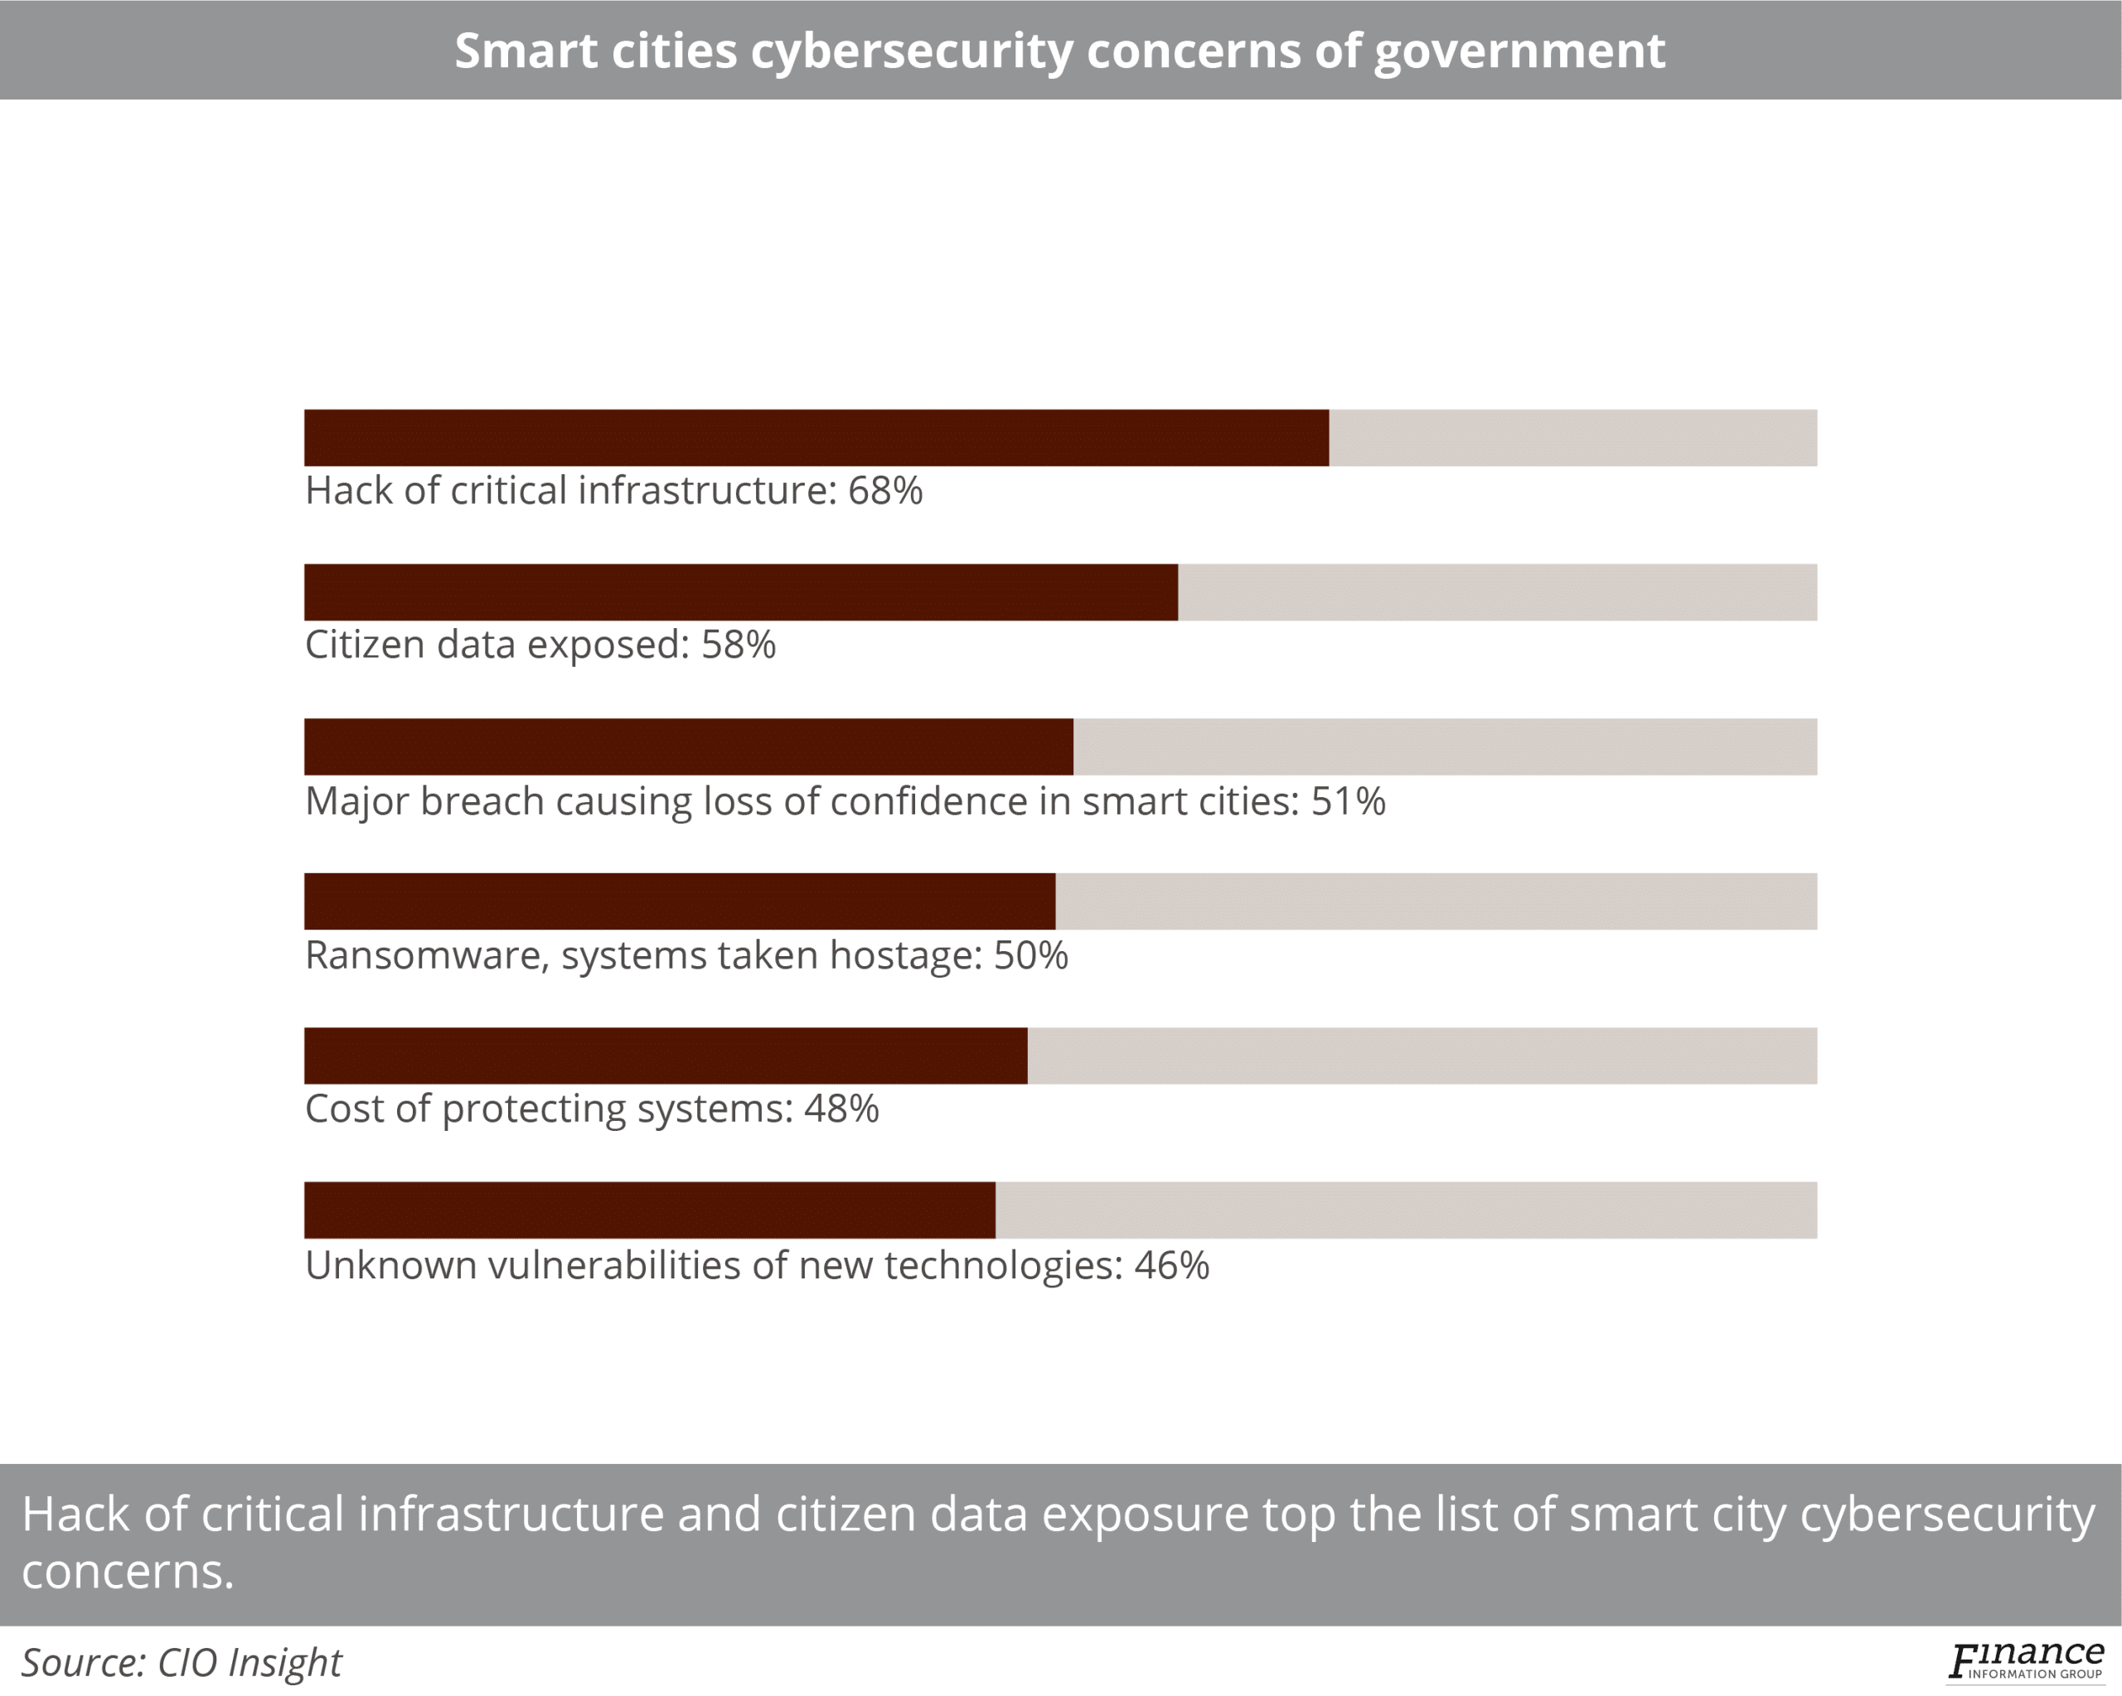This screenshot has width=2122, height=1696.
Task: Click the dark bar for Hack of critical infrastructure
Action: point(816,437)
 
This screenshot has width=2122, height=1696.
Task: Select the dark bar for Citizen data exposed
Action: point(740,592)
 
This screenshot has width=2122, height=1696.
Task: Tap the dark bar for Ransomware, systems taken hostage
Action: point(679,901)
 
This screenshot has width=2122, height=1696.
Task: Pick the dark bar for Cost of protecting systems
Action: point(666,1056)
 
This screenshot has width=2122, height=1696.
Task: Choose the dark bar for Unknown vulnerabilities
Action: point(650,1210)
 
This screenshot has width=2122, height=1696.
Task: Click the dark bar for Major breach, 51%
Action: point(688,747)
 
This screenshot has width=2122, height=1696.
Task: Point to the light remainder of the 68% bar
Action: point(1572,437)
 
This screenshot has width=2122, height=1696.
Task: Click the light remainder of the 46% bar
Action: point(1406,1210)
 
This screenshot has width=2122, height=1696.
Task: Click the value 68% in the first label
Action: point(884,490)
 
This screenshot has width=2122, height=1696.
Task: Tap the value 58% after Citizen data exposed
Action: point(739,645)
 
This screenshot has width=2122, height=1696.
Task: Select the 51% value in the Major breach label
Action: point(1348,801)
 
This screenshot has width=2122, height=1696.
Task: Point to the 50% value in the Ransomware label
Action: point(1030,955)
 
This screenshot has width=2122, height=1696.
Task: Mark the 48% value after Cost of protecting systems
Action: point(841,1109)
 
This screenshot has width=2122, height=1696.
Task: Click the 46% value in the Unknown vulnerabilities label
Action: point(1171,1265)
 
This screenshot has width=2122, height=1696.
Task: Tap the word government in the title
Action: point(1519,51)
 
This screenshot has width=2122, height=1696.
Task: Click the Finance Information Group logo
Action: point(2026,1660)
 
